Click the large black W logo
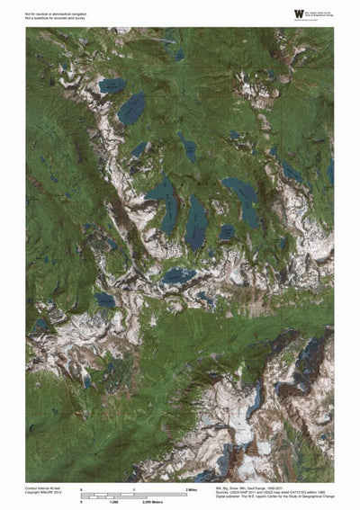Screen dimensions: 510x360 point(298,13)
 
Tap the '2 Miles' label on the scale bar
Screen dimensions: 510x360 point(191,488)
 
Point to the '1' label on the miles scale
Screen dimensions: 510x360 point(134,488)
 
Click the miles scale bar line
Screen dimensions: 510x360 point(133,494)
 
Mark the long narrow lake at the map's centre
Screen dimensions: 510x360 point(195,222)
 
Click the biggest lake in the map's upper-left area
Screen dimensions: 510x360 point(131,108)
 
